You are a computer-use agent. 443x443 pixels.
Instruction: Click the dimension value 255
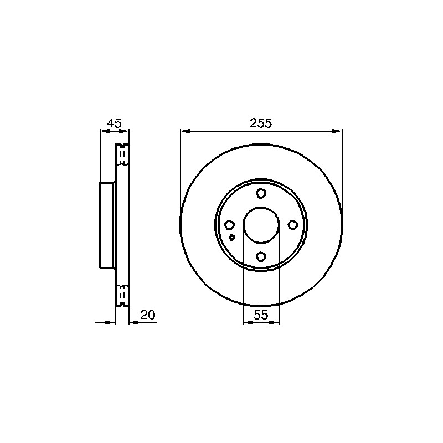tap(260, 123)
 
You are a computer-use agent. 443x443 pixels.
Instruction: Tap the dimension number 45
tap(114, 123)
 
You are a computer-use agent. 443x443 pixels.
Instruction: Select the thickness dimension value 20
tap(148, 315)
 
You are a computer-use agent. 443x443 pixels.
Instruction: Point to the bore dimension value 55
tap(260, 315)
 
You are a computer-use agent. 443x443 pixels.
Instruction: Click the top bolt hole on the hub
tap(261, 193)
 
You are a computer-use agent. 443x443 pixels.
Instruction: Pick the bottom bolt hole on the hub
tap(261, 256)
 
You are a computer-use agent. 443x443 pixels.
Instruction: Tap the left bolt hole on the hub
tap(229, 225)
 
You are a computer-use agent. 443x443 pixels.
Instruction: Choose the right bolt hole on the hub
tap(293, 225)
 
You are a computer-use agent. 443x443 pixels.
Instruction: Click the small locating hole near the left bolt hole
tap(232, 238)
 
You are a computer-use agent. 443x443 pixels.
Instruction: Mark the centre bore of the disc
tap(261, 225)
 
